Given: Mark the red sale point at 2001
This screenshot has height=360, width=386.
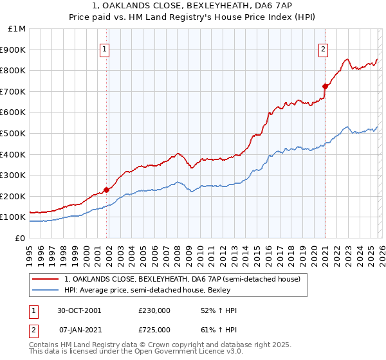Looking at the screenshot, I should point(107,190).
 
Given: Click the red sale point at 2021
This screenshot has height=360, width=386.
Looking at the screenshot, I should point(325,85).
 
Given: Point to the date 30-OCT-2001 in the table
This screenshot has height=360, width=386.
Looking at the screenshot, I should point(79,310).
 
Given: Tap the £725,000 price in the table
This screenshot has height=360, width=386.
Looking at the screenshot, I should point(154,329).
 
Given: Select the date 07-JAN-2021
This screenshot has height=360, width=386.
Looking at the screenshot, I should point(79,329).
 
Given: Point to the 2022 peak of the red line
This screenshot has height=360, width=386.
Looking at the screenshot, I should point(347,59).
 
